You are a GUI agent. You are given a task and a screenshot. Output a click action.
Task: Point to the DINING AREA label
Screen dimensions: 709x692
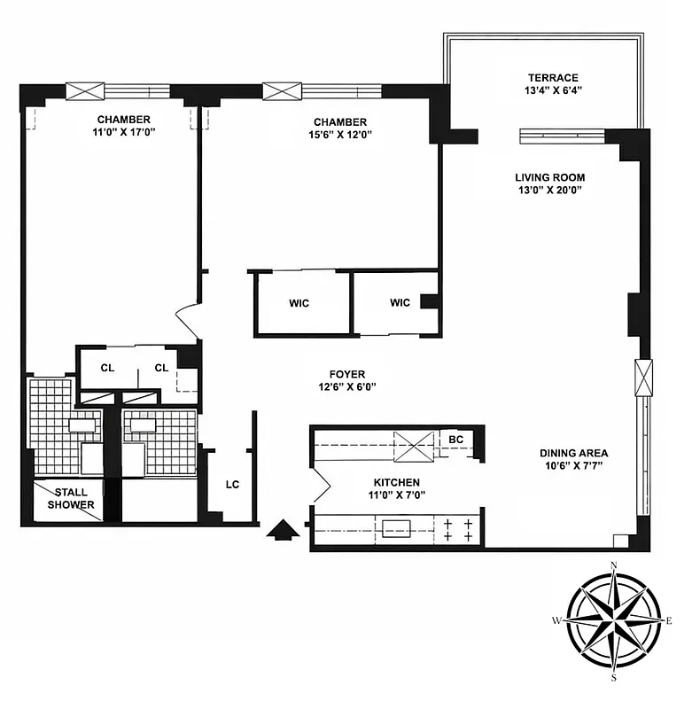click(x=574, y=454)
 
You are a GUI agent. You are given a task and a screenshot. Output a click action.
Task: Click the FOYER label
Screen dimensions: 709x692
click(x=346, y=374)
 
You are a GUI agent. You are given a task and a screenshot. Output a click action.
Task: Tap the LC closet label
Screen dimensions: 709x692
click(x=232, y=485)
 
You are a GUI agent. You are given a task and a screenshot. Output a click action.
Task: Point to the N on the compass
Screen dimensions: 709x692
click(x=614, y=565)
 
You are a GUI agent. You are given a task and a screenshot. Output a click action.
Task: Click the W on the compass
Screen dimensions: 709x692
click(x=557, y=621)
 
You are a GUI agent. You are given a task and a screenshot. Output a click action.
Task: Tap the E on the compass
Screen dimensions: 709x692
click(x=671, y=621)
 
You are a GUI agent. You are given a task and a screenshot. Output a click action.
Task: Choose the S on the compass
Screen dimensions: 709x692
click(x=614, y=678)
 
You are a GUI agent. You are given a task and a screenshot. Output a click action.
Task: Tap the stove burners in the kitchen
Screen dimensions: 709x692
click(x=457, y=530)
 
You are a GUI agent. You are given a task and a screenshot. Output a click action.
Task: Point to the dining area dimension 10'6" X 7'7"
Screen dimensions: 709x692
click(x=574, y=468)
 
